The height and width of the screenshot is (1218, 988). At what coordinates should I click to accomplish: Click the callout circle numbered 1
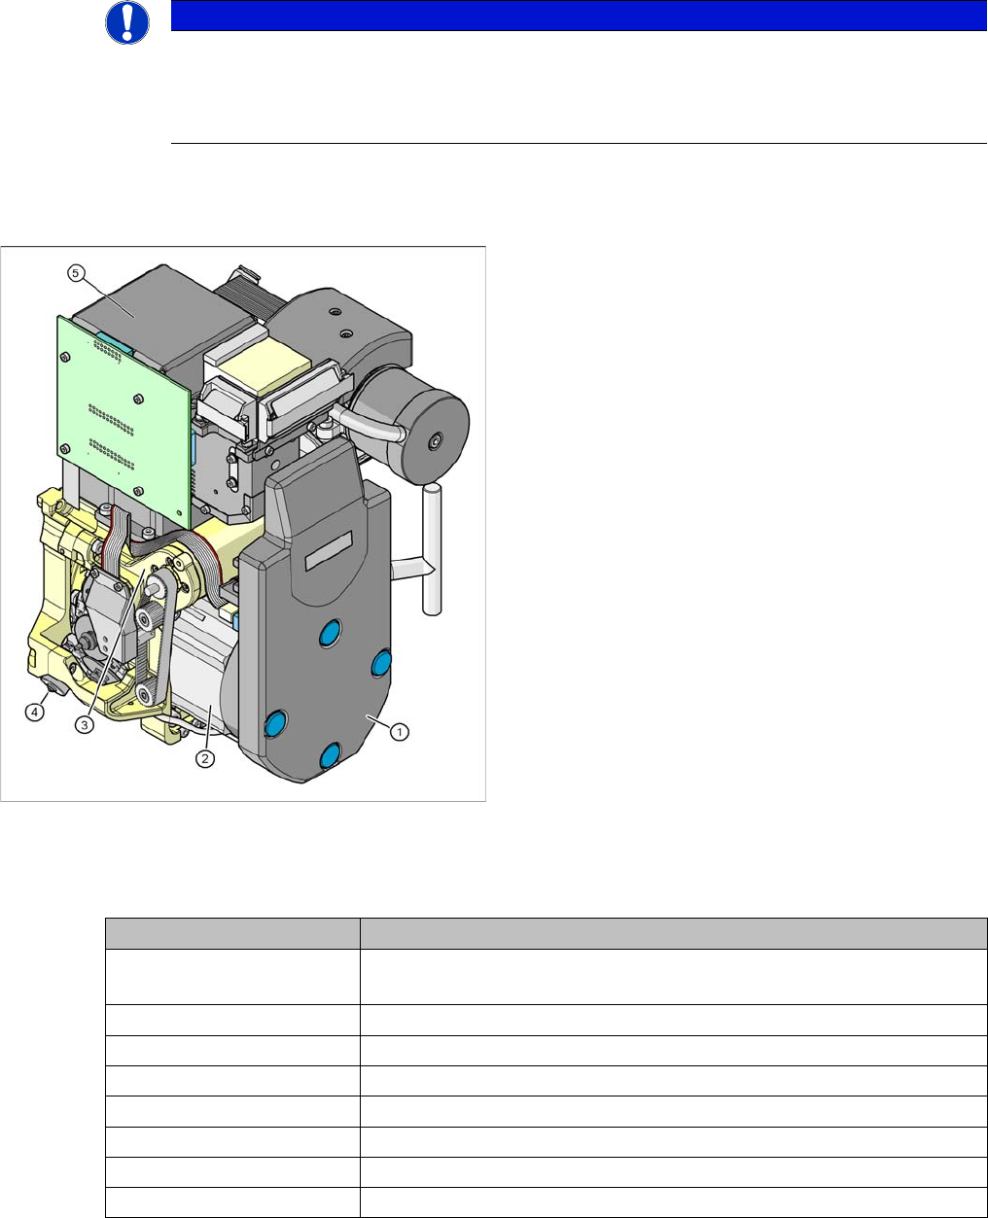(x=400, y=731)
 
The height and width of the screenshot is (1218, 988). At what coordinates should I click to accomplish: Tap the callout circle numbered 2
(x=205, y=759)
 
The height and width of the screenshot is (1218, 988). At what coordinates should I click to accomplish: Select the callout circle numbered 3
(x=85, y=725)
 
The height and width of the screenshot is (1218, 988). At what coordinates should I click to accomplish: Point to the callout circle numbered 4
(x=35, y=713)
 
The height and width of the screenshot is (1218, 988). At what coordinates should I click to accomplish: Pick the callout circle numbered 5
(x=76, y=273)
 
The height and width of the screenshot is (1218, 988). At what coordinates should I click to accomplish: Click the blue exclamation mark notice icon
(x=127, y=22)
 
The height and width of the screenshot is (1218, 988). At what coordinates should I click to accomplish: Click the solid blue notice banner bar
(x=579, y=16)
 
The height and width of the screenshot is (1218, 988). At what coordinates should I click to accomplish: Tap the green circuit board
(x=124, y=422)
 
